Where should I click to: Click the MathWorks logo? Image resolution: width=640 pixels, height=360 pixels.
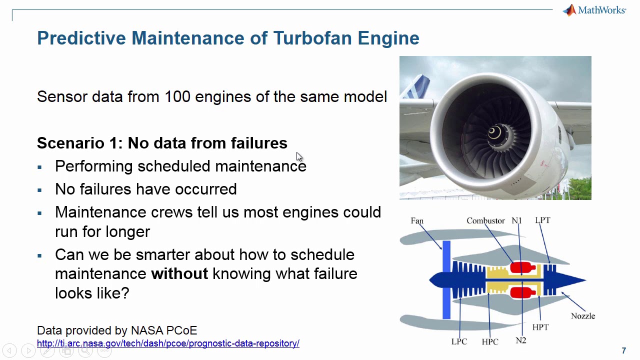pyautogui.click(x=594, y=10)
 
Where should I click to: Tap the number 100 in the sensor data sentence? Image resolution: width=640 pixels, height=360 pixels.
pyautogui.click(x=177, y=96)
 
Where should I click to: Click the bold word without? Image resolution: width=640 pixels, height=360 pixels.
pyautogui.click(x=179, y=274)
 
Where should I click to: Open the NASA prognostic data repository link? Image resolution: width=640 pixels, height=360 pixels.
pyautogui.click(x=168, y=343)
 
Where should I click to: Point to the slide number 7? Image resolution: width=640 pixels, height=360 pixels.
pyautogui.click(x=623, y=350)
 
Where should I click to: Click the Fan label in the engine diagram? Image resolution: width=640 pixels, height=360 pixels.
pyautogui.click(x=417, y=220)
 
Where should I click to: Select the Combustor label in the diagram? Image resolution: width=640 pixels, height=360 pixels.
pyautogui.click(x=485, y=220)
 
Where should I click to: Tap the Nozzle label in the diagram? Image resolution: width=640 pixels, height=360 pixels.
pyautogui.click(x=582, y=316)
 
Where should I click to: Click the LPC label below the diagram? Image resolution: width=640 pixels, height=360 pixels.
pyautogui.click(x=459, y=341)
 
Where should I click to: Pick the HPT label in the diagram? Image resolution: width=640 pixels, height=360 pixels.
pyautogui.click(x=540, y=327)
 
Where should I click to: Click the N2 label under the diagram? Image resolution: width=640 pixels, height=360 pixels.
pyautogui.click(x=520, y=340)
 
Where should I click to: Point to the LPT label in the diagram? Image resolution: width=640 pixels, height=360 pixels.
pyautogui.click(x=542, y=220)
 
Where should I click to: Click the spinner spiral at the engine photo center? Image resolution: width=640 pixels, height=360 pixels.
pyautogui.click(x=493, y=132)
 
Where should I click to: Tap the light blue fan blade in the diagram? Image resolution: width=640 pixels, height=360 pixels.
pyautogui.click(x=446, y=280)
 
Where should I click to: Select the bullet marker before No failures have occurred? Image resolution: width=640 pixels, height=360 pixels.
pyautogui.click(x=40, y=190)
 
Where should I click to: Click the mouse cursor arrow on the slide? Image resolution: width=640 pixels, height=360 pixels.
pyautogui.click(x=299, y=157)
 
